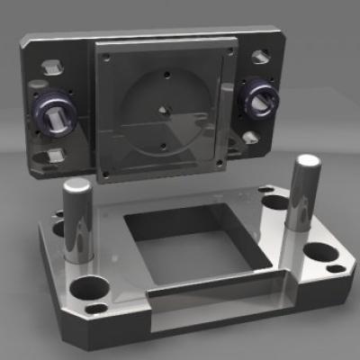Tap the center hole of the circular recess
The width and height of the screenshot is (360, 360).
[163, 110]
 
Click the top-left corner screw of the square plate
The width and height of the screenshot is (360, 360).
[107, 57]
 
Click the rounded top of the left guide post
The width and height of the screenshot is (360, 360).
[76, 187]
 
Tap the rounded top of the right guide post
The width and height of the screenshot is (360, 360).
[306, 163]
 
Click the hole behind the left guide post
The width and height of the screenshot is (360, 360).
[61, 228]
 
